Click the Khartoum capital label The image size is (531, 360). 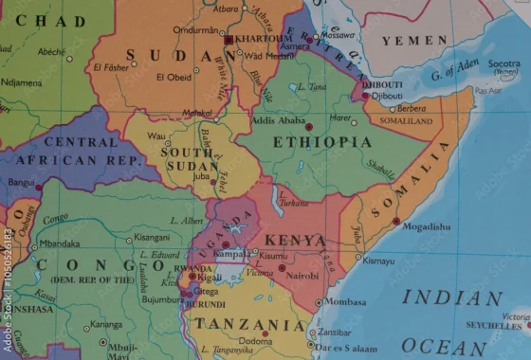[259, 40]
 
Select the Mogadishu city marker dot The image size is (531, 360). [395, 221]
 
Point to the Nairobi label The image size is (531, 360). [303, 276]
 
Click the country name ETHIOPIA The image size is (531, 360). [322, 142]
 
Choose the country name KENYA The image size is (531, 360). [295, 241]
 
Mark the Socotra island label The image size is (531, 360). [504, 63]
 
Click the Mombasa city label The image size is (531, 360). [345, 302]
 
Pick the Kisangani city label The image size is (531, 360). [152, 238]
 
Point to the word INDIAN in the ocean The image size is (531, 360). [451, 297]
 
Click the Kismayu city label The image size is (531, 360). [377, 261]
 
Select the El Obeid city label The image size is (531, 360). [172, 76]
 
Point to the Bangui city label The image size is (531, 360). [20, 181]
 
